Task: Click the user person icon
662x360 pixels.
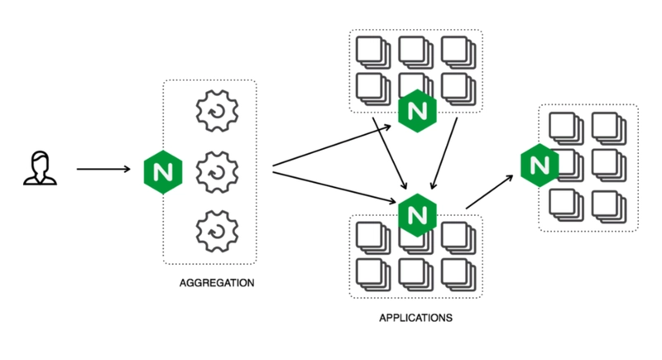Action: tap(35, 169)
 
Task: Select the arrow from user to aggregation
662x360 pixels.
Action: tap(103, 170)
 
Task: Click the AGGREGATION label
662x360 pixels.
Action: tap(216, 283)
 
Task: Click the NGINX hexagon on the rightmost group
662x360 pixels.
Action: tap(540, 166)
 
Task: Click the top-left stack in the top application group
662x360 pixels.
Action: tap(372, 51)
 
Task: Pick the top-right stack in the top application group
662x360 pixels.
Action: tap(459, 51)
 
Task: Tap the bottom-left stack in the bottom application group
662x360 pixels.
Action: tap(372, 273)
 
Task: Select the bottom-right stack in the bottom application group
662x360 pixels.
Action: tap(459, 273)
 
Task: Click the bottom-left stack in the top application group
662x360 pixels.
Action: tap(372, 88)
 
